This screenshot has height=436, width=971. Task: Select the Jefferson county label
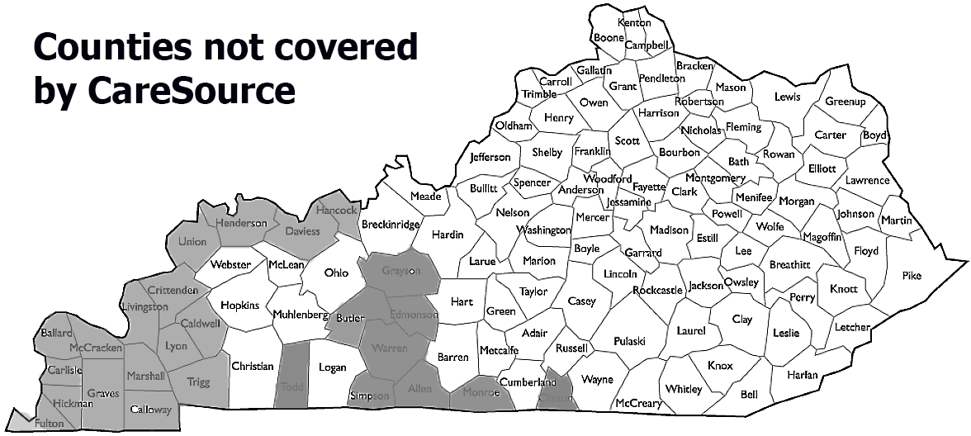pyautogui.click(x=490, y=157)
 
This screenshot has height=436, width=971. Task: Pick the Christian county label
pyautogui.click(x=252, y=366)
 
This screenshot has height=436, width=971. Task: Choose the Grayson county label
pyautogui.click(x=400, y=270)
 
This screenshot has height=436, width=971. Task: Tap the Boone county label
pyautogui.click(x=609, y=37)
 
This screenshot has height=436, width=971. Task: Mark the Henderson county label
pyautogui.click(x=241, y=223)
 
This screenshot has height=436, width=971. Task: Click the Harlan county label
pyautogui.click(x=801, y=375)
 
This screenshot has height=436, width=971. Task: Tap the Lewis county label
pyautogui.click(x=787, y=97)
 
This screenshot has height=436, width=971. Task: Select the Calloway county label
pyautogui.click(x=151, y=410)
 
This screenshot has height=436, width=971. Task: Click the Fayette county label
pyautogui.click(x=649, y=187)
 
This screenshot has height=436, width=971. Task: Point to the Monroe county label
pyautogui.click(x=481, y=393)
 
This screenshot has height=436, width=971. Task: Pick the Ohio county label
pyautogui.click(x=336, y=272)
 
